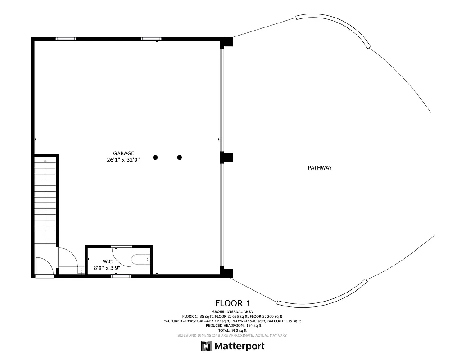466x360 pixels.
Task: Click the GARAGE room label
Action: click(124, 153)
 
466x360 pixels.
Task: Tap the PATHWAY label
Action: click(320, 168)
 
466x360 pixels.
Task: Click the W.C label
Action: click(107, 261)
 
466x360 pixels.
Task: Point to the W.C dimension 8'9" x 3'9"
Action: click(107, 268)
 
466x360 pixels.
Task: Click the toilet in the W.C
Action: click(140, 260)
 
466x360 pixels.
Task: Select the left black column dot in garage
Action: click(155, 157)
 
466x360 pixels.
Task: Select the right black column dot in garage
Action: click(180, 157)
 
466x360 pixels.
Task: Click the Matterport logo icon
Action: click(206, 346)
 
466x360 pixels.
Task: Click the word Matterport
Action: click(240, 346)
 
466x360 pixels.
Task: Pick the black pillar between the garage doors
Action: click(227, 157)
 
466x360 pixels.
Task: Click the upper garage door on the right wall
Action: click(222, 99)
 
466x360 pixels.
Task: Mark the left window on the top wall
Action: click(66, 39)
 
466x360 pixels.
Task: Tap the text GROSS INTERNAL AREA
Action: click(233, 311)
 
